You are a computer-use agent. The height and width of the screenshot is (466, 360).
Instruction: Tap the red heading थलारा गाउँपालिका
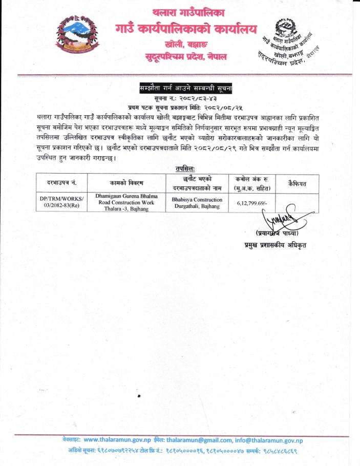(188, 12)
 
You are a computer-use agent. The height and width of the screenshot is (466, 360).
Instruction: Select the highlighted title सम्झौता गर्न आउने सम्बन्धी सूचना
(186, 88)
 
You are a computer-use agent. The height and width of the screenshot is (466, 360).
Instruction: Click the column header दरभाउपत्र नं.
(61, 183)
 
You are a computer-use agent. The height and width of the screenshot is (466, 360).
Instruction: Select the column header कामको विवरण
(126, 183)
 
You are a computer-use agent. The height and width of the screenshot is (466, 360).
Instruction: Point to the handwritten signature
(280, 217)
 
